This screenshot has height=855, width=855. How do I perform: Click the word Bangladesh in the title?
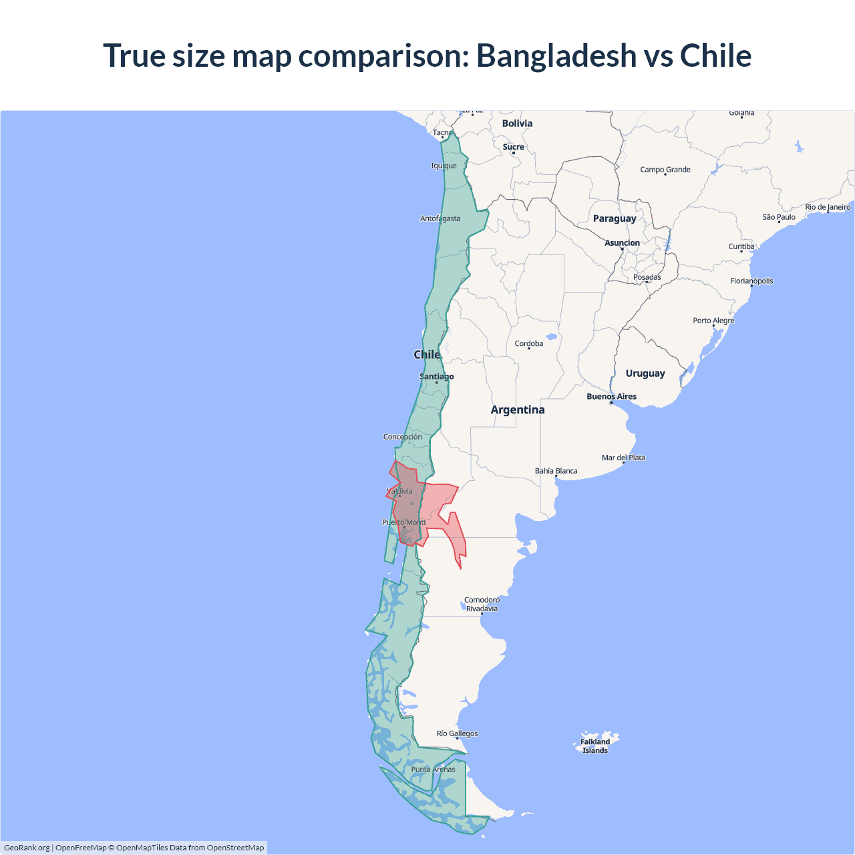[x=556, y=55]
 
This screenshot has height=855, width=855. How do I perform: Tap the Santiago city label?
[x=436, y=377]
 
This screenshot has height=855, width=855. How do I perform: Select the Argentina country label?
[x=518, y=410]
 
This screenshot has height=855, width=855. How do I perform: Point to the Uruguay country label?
[x=645, y=373]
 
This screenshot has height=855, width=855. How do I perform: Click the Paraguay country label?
[x=615, y=218]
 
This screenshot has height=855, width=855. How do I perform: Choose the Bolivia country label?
[x=517, y=124]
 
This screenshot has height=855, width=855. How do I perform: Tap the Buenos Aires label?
[x=611, y=397]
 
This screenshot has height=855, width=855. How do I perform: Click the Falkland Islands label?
[x=595, y=745]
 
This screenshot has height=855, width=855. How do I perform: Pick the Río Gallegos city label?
[x=457, y=733]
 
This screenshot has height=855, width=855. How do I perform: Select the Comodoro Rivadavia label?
[x=482, y=604]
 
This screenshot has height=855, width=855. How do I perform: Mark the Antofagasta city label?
[x=440, y=218]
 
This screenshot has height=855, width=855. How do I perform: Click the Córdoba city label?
[x=529, y=344]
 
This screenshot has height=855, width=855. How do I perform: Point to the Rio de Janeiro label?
[x=828, y=207]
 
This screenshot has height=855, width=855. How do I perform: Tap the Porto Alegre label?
[x=713, y=321]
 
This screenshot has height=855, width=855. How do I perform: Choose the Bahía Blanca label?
[x=556, y=471]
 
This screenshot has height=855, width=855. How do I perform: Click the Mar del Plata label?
[x=623, y=458]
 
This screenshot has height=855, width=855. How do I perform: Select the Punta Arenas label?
[x=433, y=769]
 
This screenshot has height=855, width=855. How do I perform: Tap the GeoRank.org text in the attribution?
[x=27, y=848]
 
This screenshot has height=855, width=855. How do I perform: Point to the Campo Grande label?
[x=665, y=170]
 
